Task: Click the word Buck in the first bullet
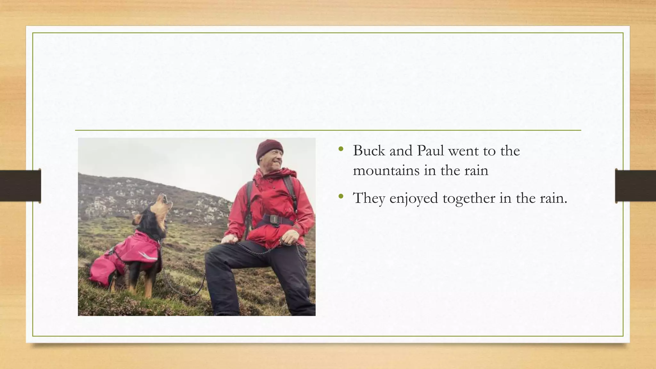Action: tap(369, 151)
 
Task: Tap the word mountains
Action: tap(386, 170)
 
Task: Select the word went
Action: tap(465, 151)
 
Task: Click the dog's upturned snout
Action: tap(165, 199)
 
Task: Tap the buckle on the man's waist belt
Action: tap(274, 219)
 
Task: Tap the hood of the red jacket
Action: tap(288, 173)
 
